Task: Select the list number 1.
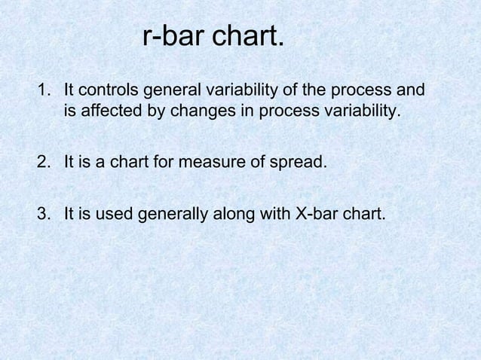tap(43, 91)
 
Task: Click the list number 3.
tap(43, 214)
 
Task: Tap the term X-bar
tap(317, 214)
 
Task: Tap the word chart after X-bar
tap(364, 214)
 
